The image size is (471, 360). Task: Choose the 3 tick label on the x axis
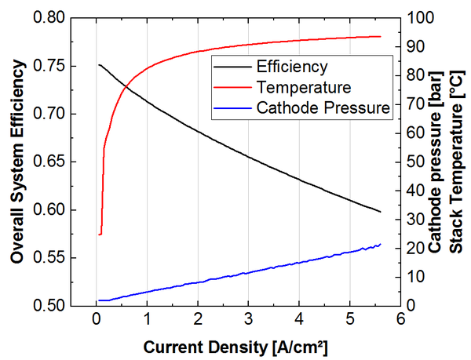click(248, 321)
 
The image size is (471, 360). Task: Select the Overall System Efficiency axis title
click(16, 161)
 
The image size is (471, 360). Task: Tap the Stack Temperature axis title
click(458, 161)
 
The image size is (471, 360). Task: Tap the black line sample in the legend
click(232, 66)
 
